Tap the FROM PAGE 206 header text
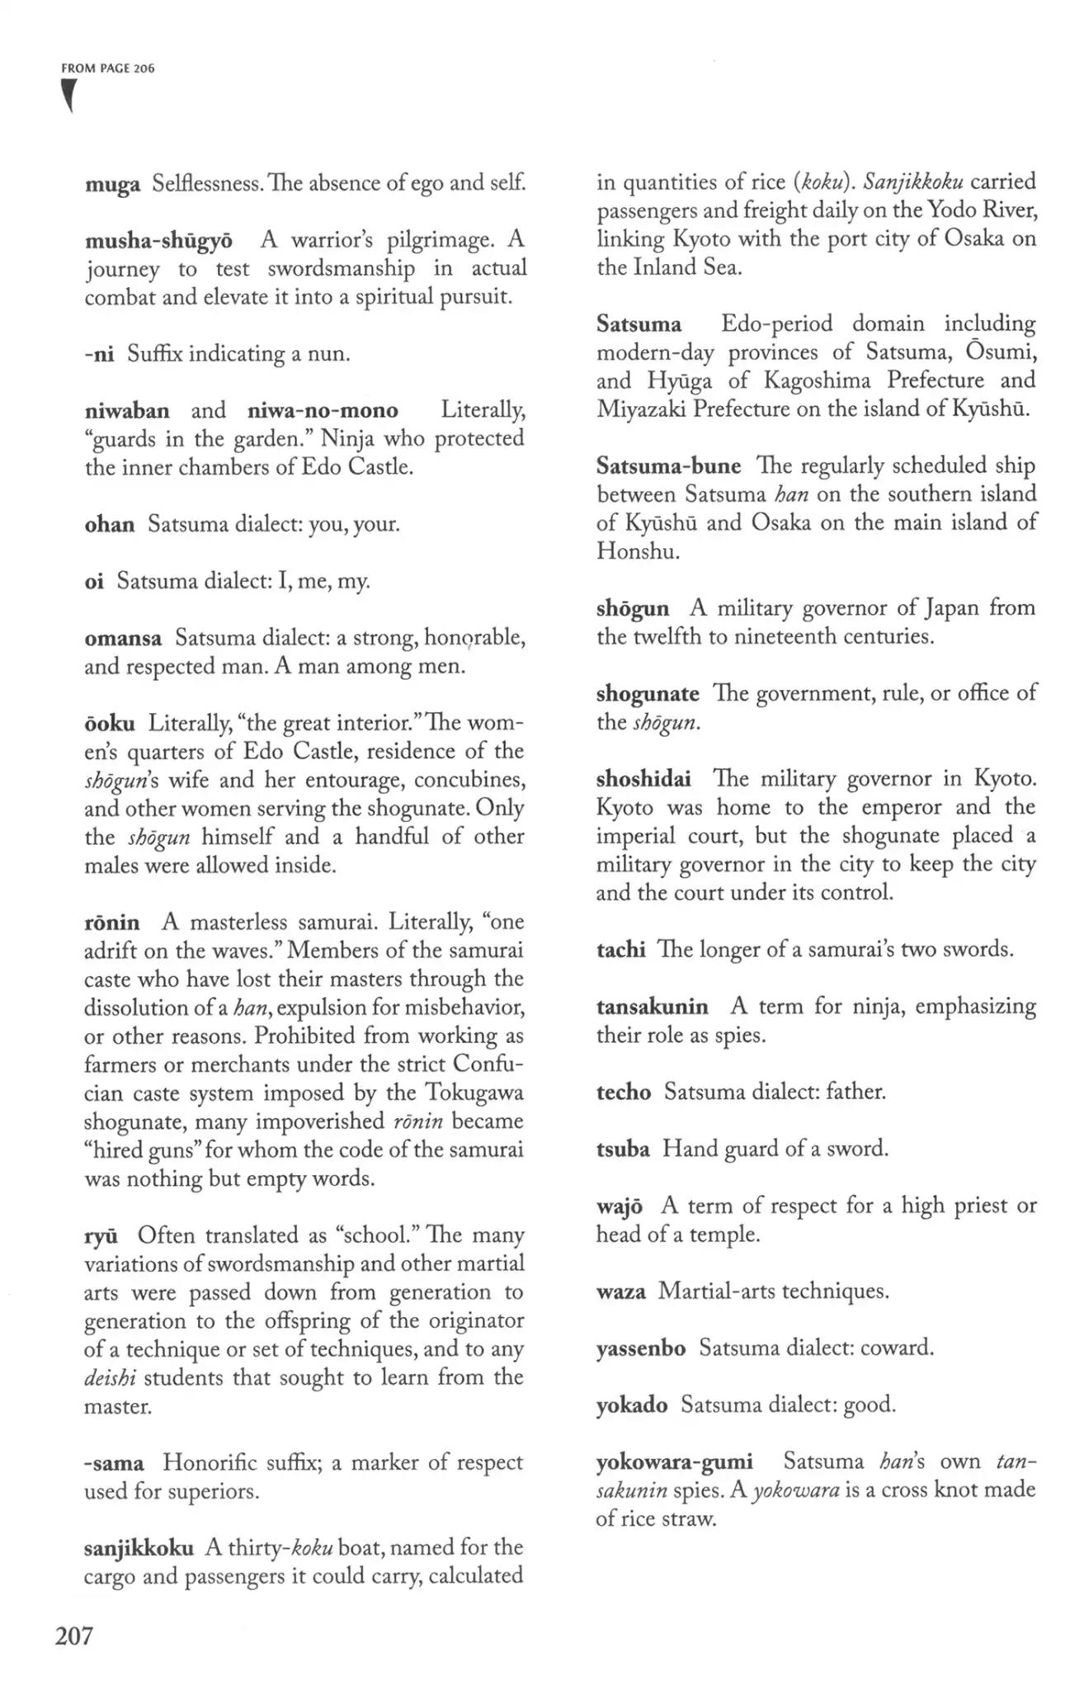point(108,68)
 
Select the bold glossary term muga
point(112,184)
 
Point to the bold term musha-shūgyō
point(158,241)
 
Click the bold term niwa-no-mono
point(323,410)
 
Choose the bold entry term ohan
point(110,524)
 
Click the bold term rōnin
point(112,922)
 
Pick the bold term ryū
point(101,1235)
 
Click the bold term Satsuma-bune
point(668,466)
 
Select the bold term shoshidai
point(644,779)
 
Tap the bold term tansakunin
point(652,1007)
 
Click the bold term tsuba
point(623,1149)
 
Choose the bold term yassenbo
point(641,1348)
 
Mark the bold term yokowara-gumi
point(674,1462)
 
